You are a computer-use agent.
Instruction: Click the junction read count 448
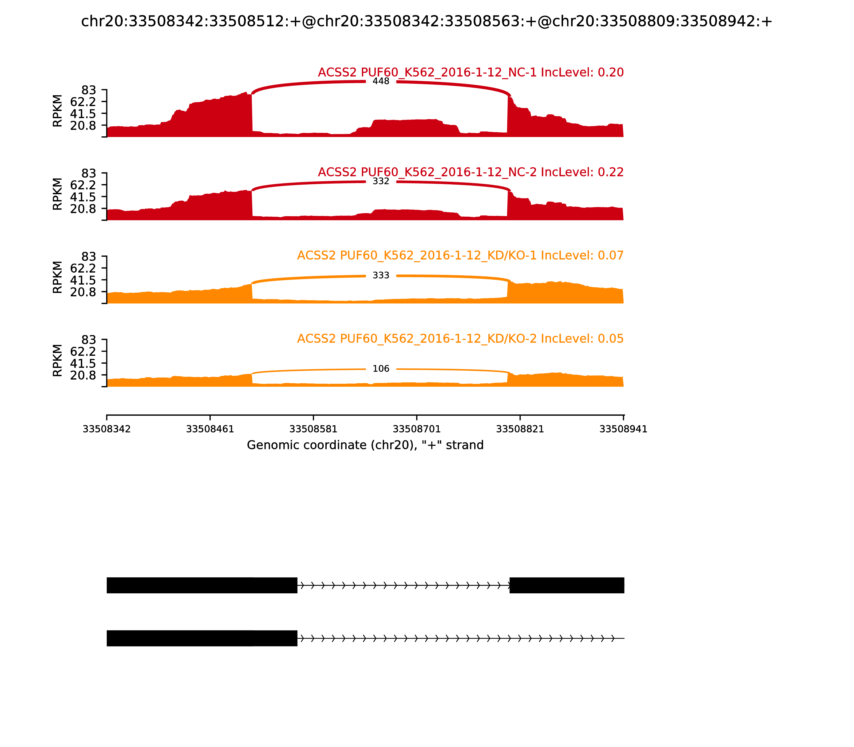pyautogui.click(x=381, y=81)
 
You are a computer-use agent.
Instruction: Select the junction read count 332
pyautogui.click(x=381, y=181)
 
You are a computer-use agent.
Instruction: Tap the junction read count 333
pyautogui.click(x=381, y=276)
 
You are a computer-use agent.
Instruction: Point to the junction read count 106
pyautogui.click(x=381, y=369)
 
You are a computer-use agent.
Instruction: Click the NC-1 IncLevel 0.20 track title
pyautogui.click(x=470, y=73)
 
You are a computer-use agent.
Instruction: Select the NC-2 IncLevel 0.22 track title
pyautogui.click(x=470, y=172)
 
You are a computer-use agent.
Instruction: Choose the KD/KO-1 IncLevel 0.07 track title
pyautogui.click(x=460, y=256)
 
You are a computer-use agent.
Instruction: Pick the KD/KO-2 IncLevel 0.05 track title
pyautogui.click(x=460, y=339)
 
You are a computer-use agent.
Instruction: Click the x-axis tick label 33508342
pyautogui.click(x=107, y=429)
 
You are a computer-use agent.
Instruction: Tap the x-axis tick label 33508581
pyautogui.click(x=313, y=429)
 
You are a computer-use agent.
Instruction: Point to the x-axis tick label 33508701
pyautogui.click(x=417, y=429)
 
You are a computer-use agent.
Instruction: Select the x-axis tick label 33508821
pyautogui.click(x=520, y=429)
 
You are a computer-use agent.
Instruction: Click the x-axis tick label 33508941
pyautogui.click(x=623, y=429)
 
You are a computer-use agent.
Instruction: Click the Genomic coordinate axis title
pyautogui.click(x=365, y=445)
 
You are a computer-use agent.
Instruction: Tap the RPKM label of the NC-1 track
pyautogui.click(x=58, y=111)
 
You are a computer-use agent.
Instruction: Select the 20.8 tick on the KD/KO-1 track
pyautogui.click(x=83, y=292)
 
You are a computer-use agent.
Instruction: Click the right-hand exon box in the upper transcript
pyautogui.click(x=567, y=585)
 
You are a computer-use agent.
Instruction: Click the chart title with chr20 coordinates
pyautogui.click(x=426, y=21)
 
